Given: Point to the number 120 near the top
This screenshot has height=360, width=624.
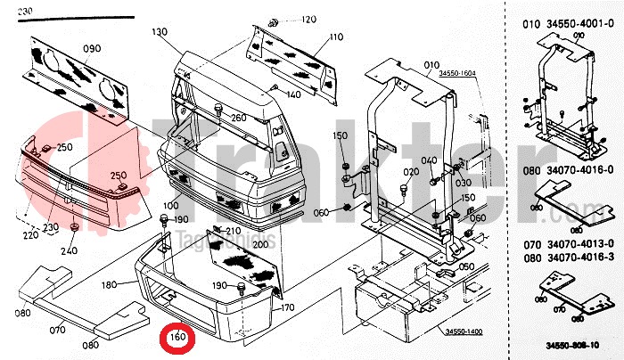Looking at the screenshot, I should click(x=308, y=19).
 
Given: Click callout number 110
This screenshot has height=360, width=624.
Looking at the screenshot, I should click(x=335, y=37).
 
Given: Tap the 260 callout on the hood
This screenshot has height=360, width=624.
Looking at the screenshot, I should click(x=238, y=118).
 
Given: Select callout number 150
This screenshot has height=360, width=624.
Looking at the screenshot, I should click(x=340, y=135).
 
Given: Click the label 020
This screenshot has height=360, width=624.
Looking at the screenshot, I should click(x=410, y=172).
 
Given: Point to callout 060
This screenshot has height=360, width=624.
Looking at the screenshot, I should click(x=321, y=212).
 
